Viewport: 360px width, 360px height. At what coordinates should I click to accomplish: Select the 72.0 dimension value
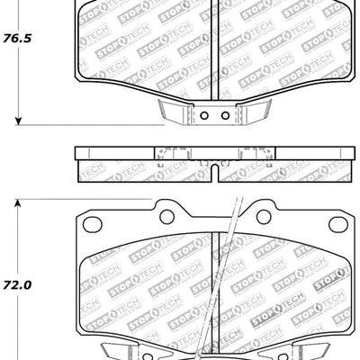17,284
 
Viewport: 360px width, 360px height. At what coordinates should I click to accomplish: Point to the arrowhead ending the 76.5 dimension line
18,121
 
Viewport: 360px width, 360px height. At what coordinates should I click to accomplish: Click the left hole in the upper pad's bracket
202,115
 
